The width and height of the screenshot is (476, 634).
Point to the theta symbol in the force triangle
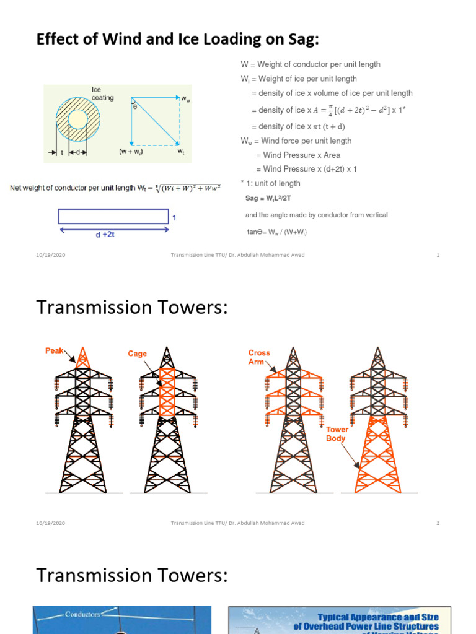(135, 106)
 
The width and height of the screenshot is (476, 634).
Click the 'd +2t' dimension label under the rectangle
(113, 235)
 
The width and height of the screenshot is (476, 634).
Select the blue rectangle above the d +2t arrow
(113, 216)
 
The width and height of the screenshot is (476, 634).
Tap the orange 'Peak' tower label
(55, 351)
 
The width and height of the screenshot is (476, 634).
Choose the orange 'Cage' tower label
(138, 354)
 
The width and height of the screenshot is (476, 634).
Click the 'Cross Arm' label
(259, 357)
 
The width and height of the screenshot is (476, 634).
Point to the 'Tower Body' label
(337, 433)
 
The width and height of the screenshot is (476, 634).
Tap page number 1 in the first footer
(438, 255)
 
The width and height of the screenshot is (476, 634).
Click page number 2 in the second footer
(438, 523)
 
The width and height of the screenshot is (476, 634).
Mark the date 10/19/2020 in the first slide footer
(50, 255)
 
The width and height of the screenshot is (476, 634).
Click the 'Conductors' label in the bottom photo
(83, 614)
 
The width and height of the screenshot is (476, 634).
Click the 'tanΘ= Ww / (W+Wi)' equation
(276, 232)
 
